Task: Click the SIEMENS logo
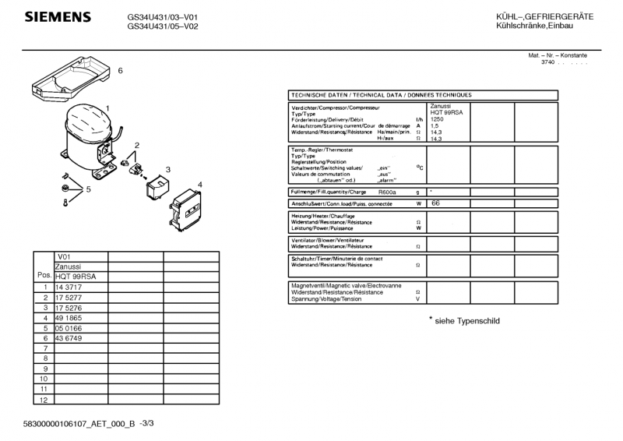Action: click(58, 18)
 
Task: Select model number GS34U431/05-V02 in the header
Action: click(163, 26)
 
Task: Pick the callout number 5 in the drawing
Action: click(89, 189)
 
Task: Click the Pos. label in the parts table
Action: click(44, 276)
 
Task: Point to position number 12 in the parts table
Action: click(44, 399)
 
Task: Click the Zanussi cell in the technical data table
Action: click(441, 106)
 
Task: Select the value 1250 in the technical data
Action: click(438, 119)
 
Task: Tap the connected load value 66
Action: click(435, 203)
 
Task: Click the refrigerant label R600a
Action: click(387, 192)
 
